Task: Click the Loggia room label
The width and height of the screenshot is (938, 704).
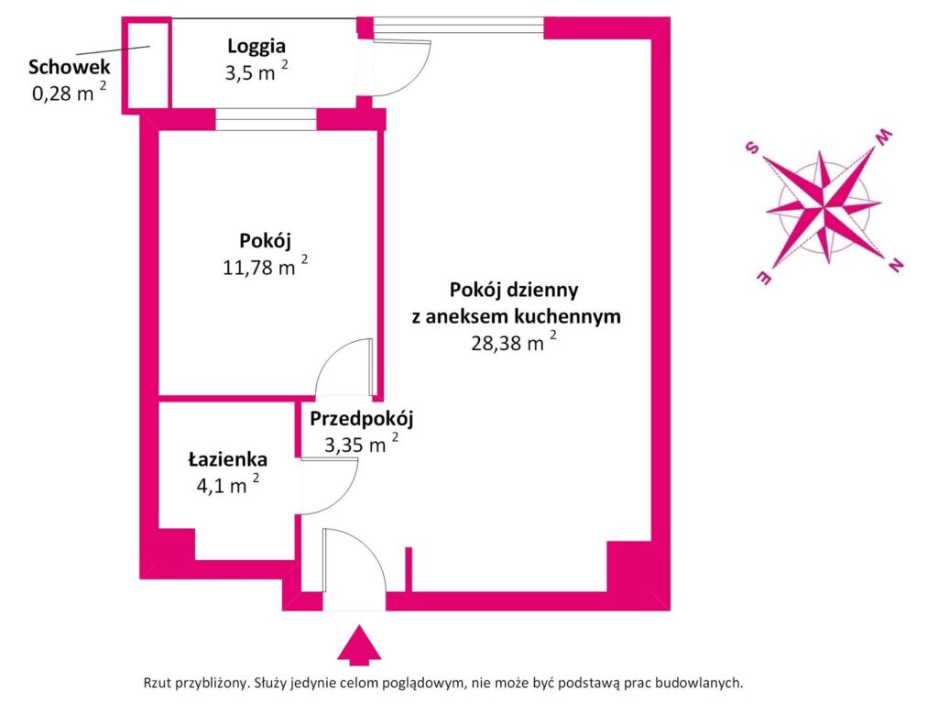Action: click(256, 45)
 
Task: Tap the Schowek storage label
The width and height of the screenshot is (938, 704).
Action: click(70, 67)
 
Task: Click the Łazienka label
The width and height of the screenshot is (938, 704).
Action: click(228, 459)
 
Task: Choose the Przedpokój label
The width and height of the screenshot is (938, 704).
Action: click(362, 420)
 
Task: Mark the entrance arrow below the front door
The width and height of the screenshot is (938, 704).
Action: click(358, 644)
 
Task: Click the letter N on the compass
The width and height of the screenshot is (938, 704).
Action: click(895, 266)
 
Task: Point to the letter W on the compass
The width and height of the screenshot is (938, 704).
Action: click(884, 137)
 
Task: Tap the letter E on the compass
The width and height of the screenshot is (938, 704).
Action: click(761, 278)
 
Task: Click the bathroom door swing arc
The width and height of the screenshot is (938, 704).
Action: click(330, 486)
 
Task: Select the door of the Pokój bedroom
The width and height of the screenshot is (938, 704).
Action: click(344, 367)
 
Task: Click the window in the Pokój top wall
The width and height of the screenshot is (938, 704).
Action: click(266, 119)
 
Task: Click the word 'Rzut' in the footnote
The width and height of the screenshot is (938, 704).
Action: click(158, 682)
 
